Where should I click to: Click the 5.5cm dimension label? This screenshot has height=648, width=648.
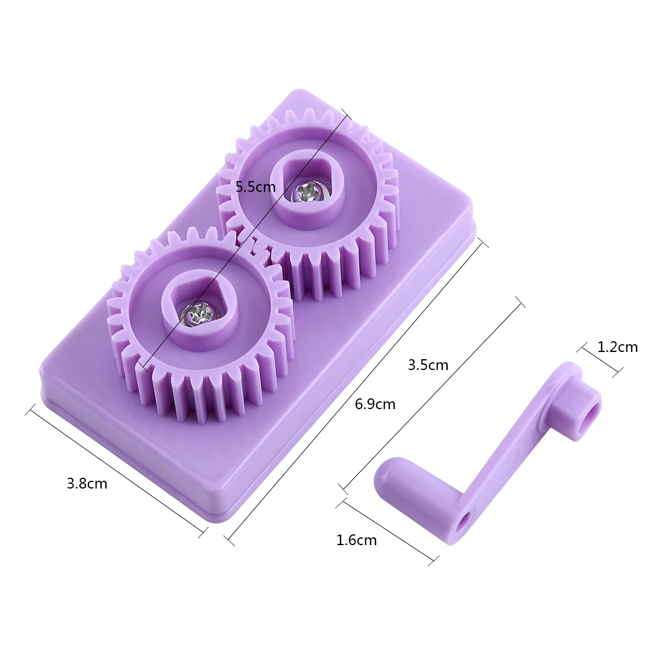(x=255, y=187)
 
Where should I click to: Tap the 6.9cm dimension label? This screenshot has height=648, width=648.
(x=375, y=404)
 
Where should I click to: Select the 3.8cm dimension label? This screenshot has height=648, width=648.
(x=87, y=483)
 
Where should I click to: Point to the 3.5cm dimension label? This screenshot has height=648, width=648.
(x=428, y=365)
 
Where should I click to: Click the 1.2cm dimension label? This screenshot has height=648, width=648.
(x=617, y=347)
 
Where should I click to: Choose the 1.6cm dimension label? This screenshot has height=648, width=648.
(x=356, y=540)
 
